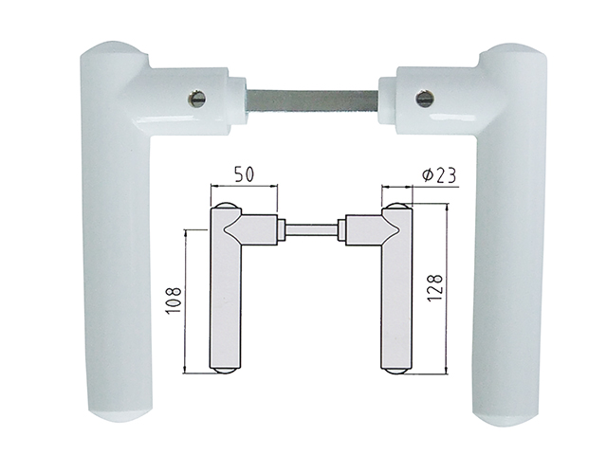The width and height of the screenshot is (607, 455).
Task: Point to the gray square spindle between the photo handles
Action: click(313, 100)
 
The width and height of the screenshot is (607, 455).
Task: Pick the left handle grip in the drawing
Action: click(224, 303)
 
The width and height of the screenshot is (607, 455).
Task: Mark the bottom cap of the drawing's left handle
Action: click(224, 371)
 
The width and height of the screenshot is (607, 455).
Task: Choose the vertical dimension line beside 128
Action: click(446, 284)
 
